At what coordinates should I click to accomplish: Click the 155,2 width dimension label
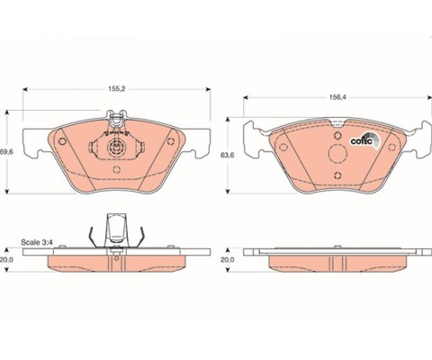pos(116,89)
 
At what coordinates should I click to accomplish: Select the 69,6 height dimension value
pos(6,152)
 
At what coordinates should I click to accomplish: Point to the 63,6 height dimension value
pos(228,155)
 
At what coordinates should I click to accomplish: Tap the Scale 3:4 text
pos(37,242)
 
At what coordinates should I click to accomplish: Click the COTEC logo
pos(365,140)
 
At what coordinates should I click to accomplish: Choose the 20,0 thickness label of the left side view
pos(6,260)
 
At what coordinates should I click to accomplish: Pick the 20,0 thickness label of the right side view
pos(228,260)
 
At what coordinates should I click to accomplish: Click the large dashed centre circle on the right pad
pos(337,154)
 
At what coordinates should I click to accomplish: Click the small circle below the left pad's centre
pos(116,169)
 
